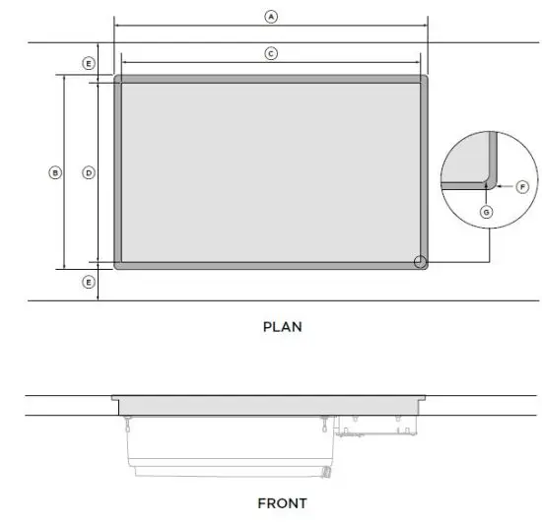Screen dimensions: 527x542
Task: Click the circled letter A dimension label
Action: pos(271,16)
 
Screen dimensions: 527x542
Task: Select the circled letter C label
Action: pos(271,53)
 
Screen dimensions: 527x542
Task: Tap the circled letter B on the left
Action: pos(55,172)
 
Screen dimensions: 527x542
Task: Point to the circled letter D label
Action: pos(89,172)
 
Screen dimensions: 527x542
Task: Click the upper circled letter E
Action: pos(89,63)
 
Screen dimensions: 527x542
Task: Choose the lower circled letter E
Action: pos(89,282)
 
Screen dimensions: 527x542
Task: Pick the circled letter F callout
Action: pos(522,186)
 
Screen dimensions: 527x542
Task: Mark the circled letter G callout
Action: pos(486,212)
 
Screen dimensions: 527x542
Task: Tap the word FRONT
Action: pos(282,502)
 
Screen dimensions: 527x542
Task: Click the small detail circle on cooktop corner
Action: pos(420,261)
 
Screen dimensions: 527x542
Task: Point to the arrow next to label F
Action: pos(504,186)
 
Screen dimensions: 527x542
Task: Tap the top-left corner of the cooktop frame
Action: pos(118,79)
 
